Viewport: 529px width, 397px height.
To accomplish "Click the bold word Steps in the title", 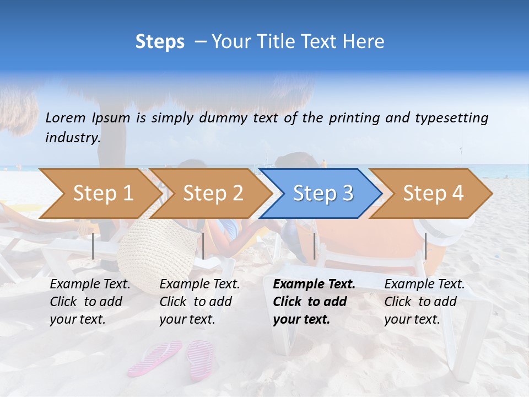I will click(x=160, y=42).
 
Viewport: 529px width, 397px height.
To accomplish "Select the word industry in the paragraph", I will click(x=73, y=138).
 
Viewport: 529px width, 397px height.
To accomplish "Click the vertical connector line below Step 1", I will click(x=93, y=246).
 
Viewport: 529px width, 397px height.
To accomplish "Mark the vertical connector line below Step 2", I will click(x=203, y=246).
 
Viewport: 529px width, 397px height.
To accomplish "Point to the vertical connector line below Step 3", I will click(x=314, y=246).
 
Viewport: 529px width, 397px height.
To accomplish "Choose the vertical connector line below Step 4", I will click(x=425, y=246).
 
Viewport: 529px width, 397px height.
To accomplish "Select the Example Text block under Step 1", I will click(x=90, y=302).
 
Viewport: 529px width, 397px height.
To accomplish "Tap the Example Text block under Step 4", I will click(x=424, y=302).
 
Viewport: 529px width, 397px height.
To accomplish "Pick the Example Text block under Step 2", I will click(x=199, y=302).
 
